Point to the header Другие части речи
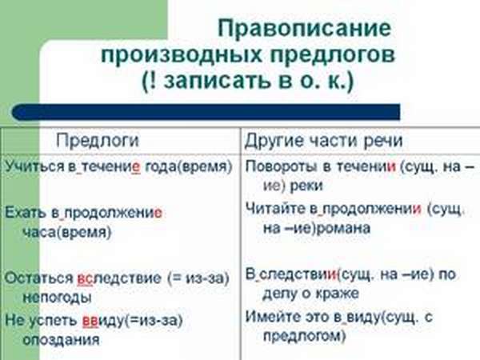pos(323,141)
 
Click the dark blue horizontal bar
pos(206,112)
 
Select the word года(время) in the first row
pos(188,167)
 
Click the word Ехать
pos(26,213)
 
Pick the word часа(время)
pos(67,232)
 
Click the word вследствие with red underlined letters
pos(119,278)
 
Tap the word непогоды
pos(58,298)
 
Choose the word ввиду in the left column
pos(104,321)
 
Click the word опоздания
pos(62,340)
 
